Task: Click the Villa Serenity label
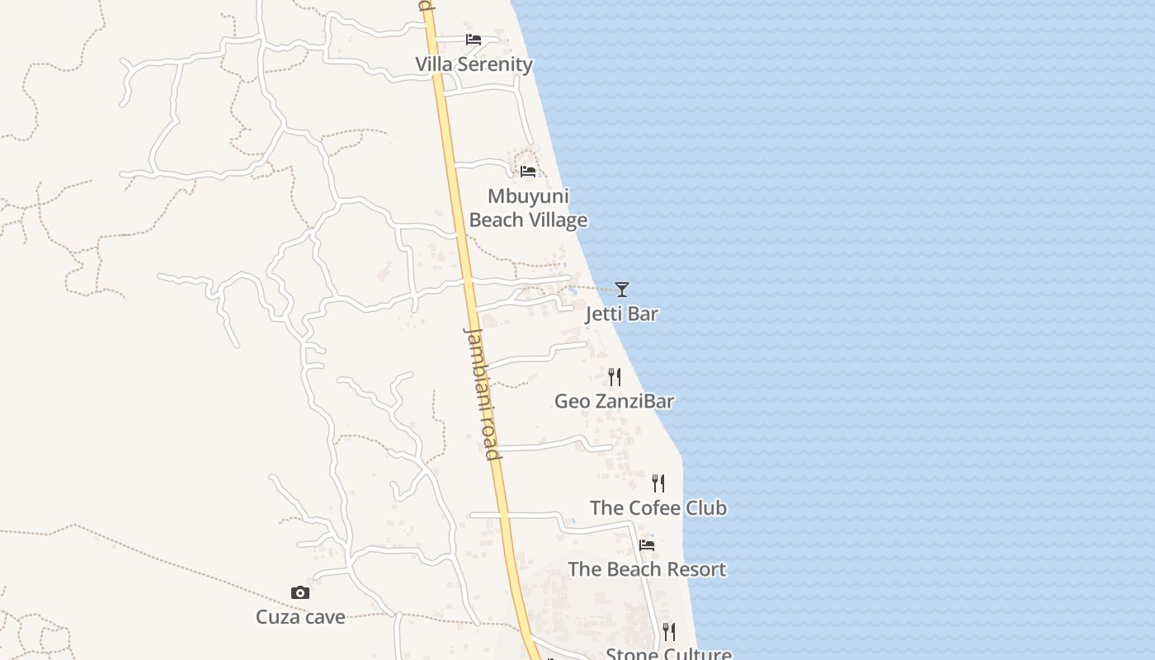point(474,64)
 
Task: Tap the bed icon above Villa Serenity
point(474,39)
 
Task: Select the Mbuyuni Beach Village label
point(528,208)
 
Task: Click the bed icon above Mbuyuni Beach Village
point(528,172)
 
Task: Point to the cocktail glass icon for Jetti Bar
point(622,289)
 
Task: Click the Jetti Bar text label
point(622,313)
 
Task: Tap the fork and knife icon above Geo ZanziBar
point(615,377)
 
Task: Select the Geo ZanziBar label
point(614,402)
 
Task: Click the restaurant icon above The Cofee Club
point(658,483)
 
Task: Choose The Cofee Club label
point(658,507)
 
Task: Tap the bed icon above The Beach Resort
point(647,544)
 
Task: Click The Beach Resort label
point(647,569)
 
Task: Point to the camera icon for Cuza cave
point(300,592)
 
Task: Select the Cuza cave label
point(300,617)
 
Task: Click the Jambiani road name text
point(483,394)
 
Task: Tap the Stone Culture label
point(668,654)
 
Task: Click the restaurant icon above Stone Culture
point(669,632)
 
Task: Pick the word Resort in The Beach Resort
point(696,569)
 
